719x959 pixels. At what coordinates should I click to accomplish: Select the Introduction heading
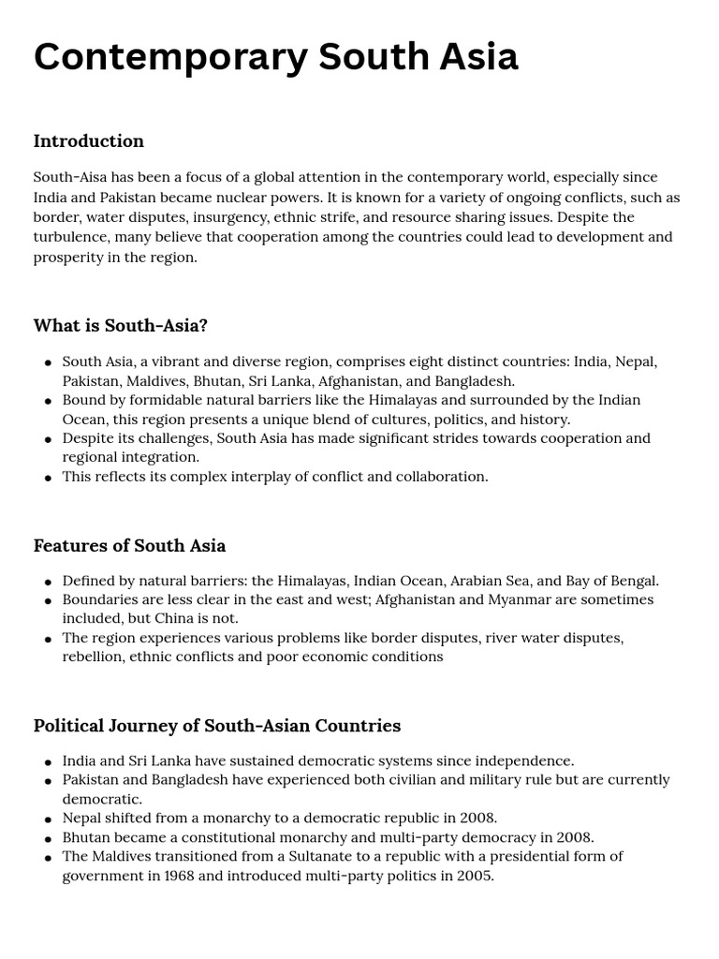[89, 141]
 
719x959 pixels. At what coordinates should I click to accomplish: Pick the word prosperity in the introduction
[68, 257]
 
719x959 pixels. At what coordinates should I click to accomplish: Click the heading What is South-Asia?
[121, 326]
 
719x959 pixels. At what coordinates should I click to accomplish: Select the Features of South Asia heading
[129, 545]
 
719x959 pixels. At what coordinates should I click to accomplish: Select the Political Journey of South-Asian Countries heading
[217, 726]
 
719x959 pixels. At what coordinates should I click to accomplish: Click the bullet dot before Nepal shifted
[48, 819]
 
